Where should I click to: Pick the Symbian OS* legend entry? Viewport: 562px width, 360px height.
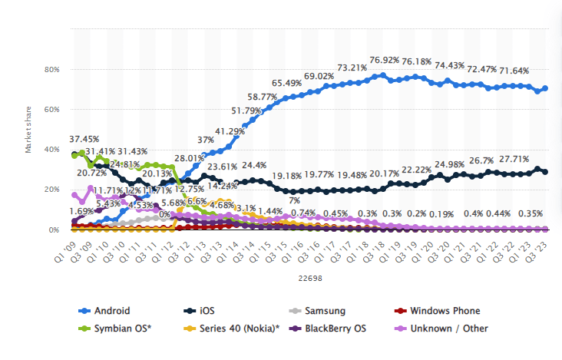click(x=121, y=329)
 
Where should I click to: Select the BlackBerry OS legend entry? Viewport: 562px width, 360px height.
click(x=336, y=329)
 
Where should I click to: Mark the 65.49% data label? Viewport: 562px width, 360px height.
click(x=288, y=82)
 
